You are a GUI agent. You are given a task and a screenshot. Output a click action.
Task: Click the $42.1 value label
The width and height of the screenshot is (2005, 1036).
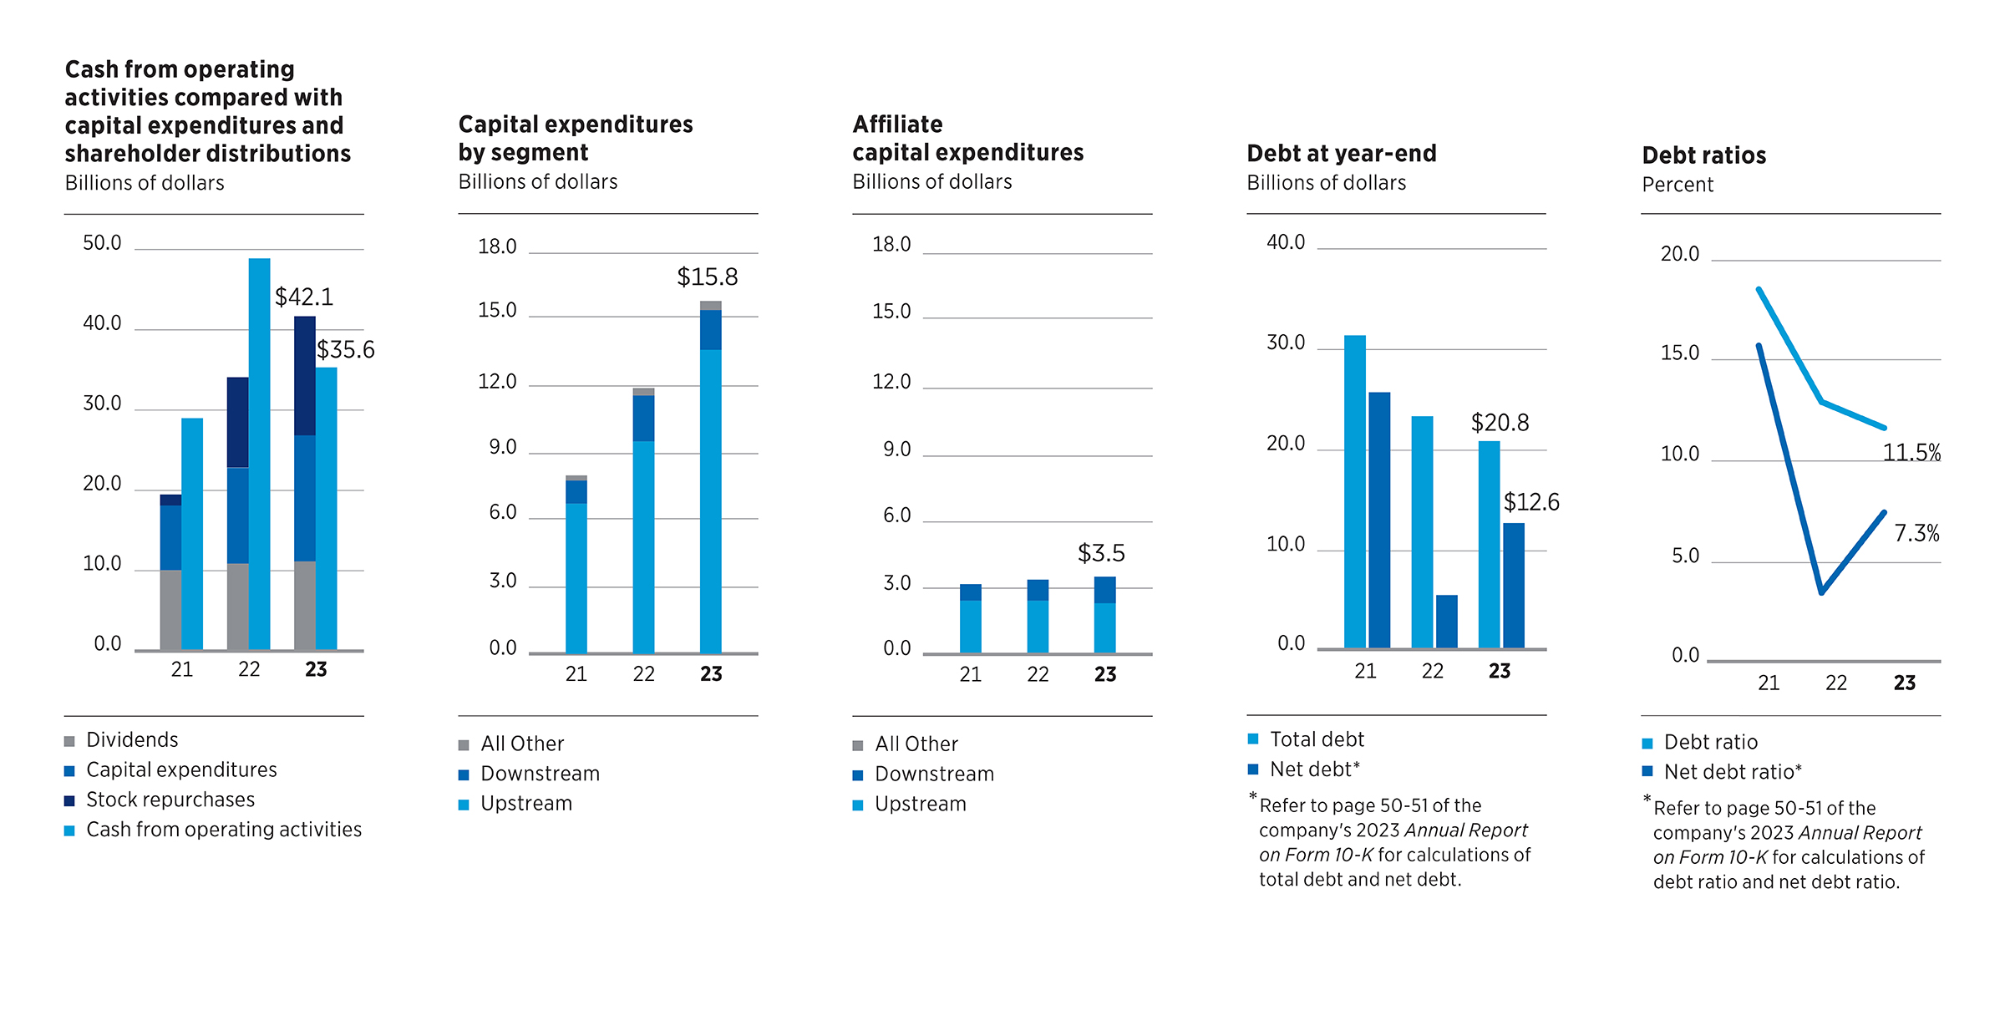304,297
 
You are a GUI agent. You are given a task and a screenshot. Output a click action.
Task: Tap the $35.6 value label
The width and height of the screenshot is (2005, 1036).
346,349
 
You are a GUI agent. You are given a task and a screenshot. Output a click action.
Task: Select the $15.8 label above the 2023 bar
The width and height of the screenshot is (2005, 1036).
707,277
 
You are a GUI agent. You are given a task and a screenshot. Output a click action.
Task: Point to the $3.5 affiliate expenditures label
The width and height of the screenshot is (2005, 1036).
1101,552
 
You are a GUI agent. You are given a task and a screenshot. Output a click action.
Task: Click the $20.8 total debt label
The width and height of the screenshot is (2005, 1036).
1500,422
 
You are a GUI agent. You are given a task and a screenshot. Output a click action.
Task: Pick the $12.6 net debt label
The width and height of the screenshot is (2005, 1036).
1531,501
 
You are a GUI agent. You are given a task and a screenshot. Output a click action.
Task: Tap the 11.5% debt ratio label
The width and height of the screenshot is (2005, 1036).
1911,452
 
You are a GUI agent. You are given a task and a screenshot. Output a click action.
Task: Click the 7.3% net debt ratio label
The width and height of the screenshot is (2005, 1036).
1916,532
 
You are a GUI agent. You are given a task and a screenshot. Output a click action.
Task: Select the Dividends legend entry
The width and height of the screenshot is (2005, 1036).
132,739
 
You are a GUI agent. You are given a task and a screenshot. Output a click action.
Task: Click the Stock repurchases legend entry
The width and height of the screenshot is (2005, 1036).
170,800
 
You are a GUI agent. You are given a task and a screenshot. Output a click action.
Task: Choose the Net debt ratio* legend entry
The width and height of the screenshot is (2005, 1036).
1733,771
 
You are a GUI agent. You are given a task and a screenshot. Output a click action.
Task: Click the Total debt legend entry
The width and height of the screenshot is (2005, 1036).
1317,739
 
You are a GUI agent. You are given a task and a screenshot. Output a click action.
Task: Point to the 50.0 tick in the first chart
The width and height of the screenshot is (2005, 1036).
102,243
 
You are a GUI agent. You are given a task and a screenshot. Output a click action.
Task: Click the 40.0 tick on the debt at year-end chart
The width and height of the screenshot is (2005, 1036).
1286,242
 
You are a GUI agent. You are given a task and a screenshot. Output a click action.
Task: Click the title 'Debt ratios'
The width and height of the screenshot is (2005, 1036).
1703,155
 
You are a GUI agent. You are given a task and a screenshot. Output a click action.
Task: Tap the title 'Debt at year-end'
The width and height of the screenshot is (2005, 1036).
1342,153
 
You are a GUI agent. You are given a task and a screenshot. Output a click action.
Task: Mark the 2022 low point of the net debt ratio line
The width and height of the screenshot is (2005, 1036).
1821,592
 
